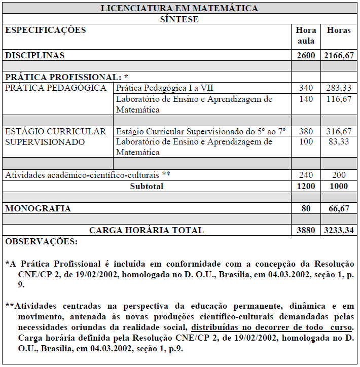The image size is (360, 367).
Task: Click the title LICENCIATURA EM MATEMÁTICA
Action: click(179, 8)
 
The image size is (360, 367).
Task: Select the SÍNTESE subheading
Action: click(179, 19)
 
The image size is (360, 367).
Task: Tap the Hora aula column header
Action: click(306, 35)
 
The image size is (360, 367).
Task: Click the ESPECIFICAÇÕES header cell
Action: click(46, 30)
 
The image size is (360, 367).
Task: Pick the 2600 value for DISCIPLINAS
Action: click(306, 55)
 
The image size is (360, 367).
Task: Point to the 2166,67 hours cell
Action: click(338, 55)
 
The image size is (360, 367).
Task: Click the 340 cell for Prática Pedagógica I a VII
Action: click(306, 88)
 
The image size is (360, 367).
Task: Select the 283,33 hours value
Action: click(339, 88)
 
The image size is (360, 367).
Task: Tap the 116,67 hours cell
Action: click(339, 99)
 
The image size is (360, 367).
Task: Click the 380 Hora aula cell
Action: click(306, 131)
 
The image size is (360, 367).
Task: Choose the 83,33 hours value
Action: click(339, 142)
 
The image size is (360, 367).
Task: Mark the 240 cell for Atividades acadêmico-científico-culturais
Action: click(306, 175)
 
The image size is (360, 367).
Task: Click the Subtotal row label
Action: click(147, 186)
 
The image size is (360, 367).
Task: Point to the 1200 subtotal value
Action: click(306, 186)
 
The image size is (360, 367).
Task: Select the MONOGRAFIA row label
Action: click(38, 208)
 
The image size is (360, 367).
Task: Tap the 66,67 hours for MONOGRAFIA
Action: click(339, 208)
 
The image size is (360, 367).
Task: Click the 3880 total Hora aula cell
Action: click(306, 230)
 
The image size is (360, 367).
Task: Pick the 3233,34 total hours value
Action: click(338, 230)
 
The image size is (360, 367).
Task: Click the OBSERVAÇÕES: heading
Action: click(42, 242)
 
